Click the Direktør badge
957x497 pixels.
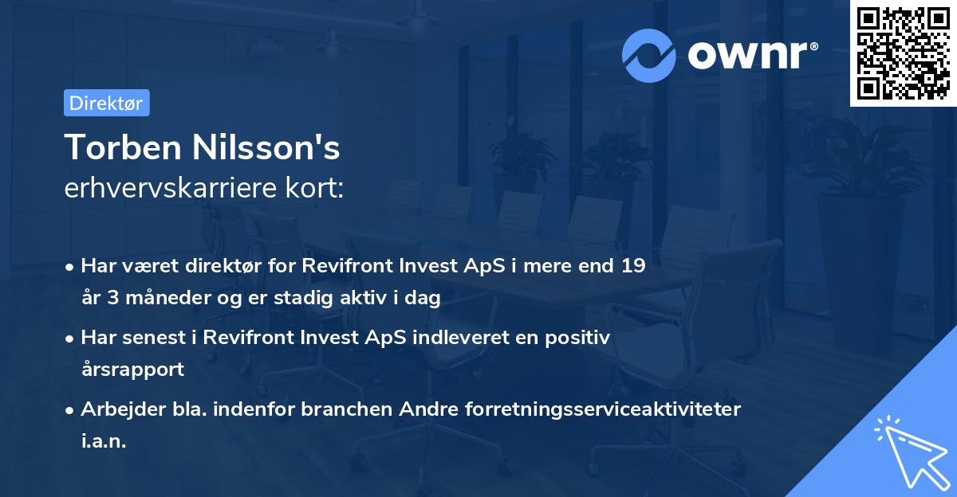tap(106, 103)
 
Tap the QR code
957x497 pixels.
tap(903, 53)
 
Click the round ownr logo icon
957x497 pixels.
tap(649, 55)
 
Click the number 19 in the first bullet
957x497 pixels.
tap(633, 267)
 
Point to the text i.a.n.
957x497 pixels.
tap(104, 440)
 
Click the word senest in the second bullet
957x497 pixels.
tap(151, 338)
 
